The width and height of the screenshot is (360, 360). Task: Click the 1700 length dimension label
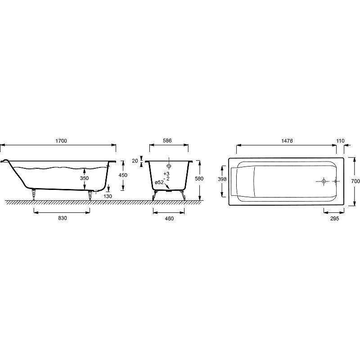click(x=61, y=141)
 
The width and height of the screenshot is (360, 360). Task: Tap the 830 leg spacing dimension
click(x=62, y=218)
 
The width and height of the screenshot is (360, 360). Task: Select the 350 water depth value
click(x=84, y=178)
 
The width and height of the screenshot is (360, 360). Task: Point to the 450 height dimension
click(x=123, y=175)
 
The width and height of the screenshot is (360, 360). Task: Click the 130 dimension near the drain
click(x=108, y=196)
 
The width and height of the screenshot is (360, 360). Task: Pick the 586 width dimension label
click(x=167, y=140)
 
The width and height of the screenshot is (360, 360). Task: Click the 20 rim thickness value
click(x=135, y=161)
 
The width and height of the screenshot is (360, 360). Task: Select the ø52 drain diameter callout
click(x=159, y=183)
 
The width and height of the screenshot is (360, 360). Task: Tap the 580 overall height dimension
click(x=199, y=178)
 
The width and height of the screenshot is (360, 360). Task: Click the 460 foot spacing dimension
click(x=169, y=218)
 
